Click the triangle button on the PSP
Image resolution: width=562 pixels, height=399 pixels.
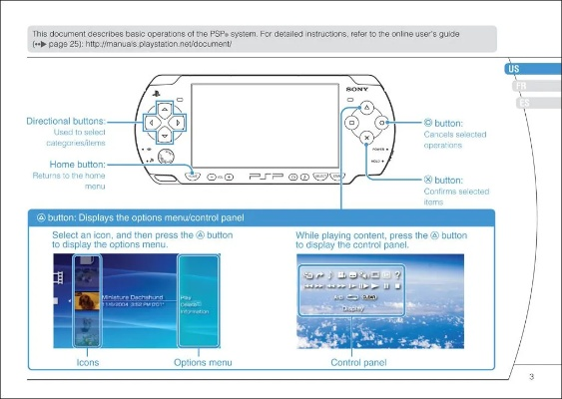366,107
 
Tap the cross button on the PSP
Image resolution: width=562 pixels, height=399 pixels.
366,138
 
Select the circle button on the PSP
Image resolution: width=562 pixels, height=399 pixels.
382,123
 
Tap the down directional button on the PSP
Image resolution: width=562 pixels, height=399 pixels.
165,138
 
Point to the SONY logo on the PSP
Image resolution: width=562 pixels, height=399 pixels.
357,90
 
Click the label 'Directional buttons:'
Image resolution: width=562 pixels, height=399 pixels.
67,122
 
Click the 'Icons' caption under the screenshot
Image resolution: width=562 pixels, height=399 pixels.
87,362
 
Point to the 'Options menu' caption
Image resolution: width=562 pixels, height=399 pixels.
204,362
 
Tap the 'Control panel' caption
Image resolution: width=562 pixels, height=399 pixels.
358,362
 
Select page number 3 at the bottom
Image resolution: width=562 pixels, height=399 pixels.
531,376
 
